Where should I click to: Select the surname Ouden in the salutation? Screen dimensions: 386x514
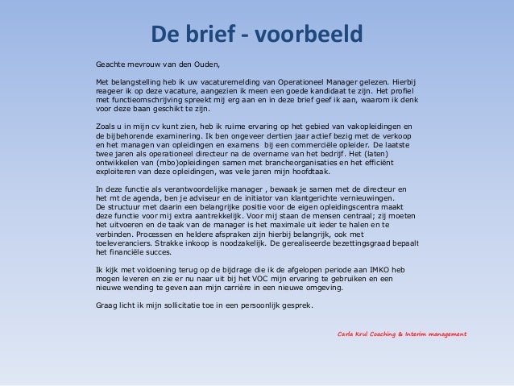pos(205,63)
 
